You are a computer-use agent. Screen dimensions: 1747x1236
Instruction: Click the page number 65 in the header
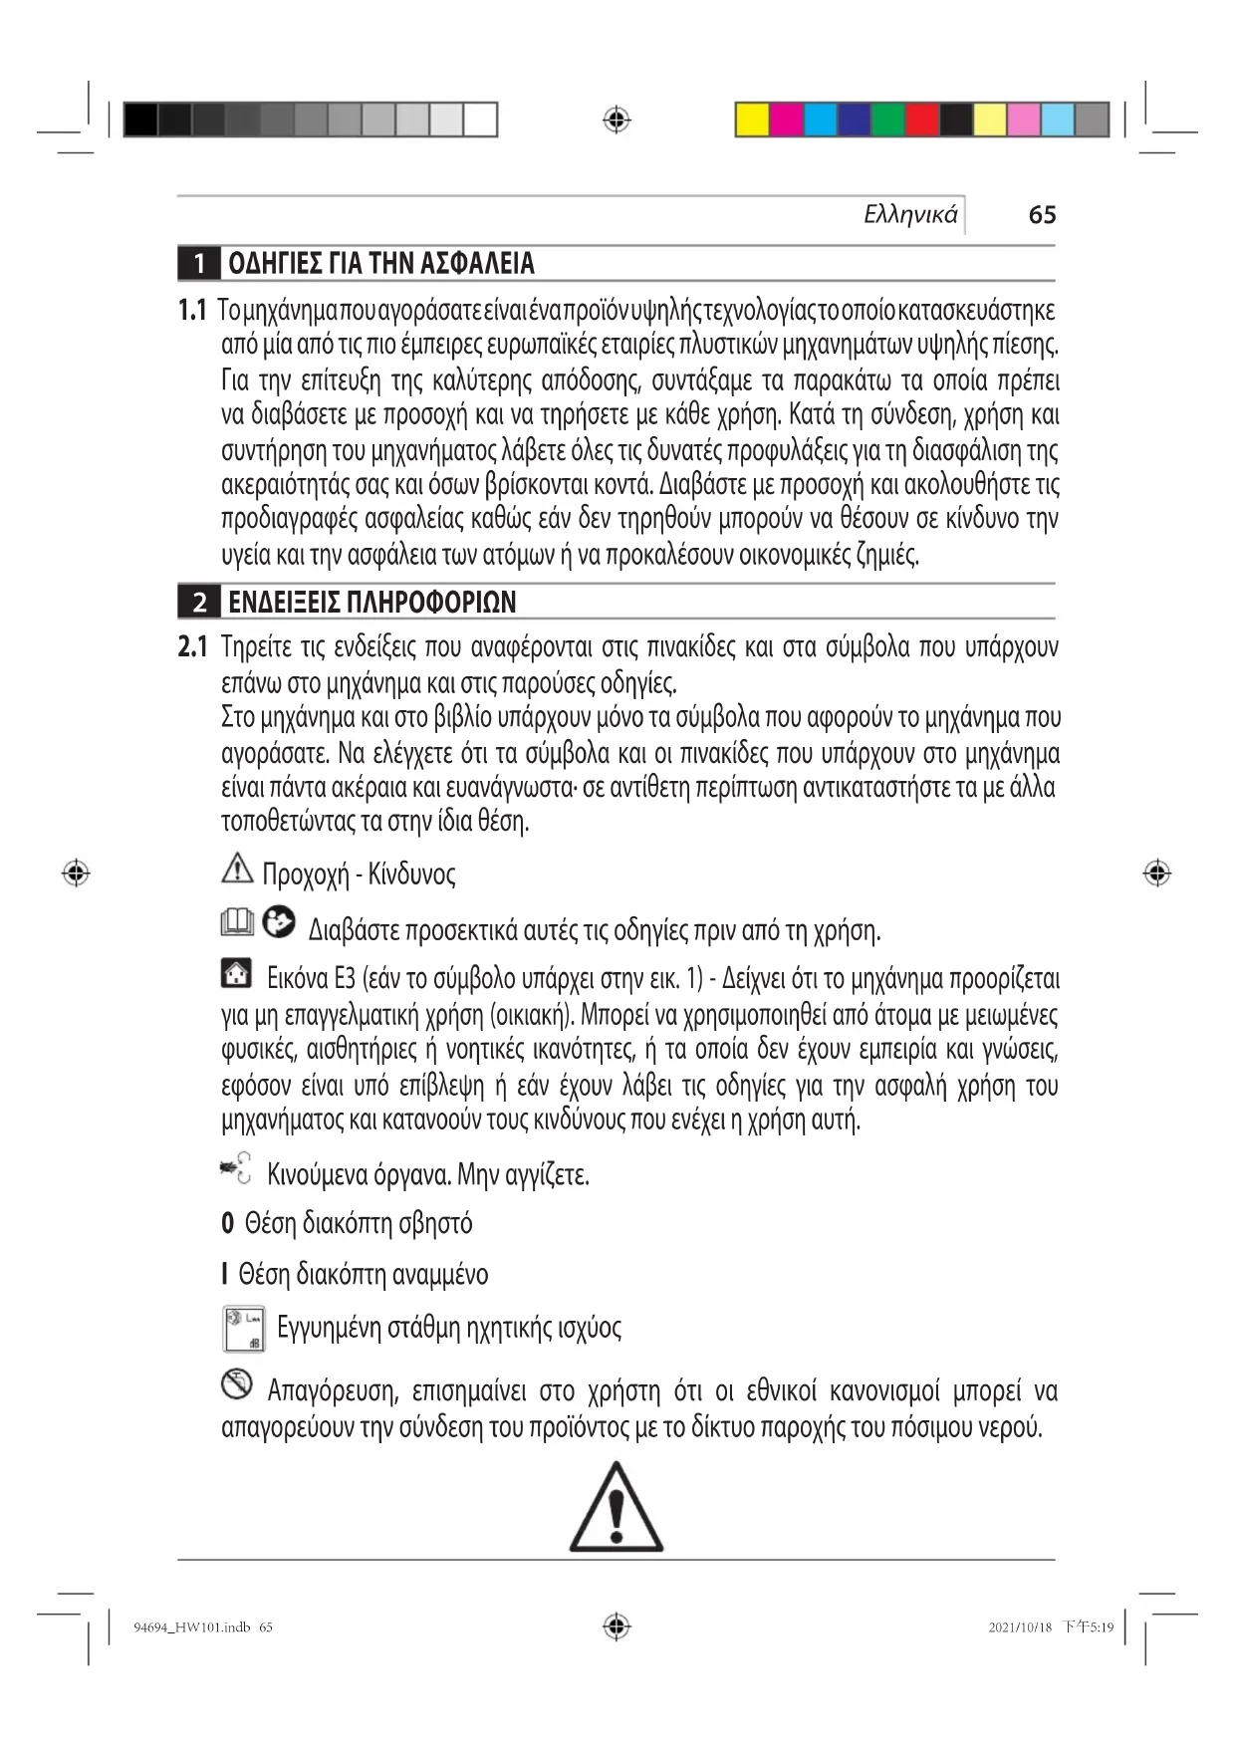click(1042, 214)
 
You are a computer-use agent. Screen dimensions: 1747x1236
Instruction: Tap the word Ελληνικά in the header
click(910, 214)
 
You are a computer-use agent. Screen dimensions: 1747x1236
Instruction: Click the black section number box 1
click(199, 263)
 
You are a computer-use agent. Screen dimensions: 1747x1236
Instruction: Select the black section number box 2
click(199, 602)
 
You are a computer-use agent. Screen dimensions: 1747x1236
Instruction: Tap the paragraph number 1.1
click(192, 310)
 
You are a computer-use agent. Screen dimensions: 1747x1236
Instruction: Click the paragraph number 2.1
click(192, 647)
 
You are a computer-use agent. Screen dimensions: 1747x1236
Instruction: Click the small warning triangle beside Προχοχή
click(237, 869)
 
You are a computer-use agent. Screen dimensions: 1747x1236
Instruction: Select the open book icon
click(237, 923)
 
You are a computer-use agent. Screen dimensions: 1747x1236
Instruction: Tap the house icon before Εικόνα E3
click(236, 972)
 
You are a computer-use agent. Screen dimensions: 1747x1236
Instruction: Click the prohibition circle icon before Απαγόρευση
click(236, 1383)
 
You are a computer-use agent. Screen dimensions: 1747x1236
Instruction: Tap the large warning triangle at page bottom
click(617, 1509)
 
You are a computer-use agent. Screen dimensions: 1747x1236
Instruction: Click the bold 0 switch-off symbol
click(227, 1223)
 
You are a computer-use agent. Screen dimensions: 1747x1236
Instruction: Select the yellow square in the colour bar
click(752, 120)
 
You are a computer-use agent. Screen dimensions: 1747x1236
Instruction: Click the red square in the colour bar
click(921, 120)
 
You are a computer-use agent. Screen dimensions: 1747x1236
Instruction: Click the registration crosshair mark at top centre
click(617, 121)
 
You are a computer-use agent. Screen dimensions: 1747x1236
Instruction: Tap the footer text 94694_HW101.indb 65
click(203, 1627)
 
